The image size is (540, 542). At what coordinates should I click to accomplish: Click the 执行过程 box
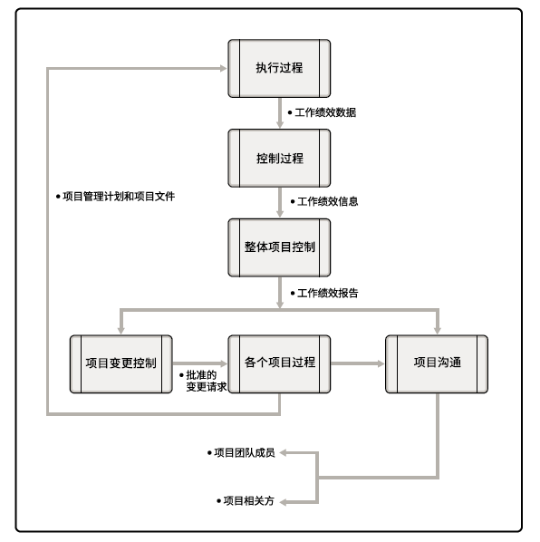click(279, 69)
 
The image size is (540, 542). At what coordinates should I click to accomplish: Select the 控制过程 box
click(279, 159)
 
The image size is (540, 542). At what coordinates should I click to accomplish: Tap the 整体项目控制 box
click(279, 247)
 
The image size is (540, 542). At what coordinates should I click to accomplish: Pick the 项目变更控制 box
click(121, 364)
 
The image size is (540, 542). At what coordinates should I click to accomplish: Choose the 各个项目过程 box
click(279, 364)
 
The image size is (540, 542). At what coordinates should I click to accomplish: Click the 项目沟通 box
click(437, 364)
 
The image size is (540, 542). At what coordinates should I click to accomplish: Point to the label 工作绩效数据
click(325, 112)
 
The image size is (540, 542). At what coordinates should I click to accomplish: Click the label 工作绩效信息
click(327, 201)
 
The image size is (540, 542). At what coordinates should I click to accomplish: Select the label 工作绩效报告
click(327, 293)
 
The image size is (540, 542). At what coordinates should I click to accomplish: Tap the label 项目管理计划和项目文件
click(119, 197)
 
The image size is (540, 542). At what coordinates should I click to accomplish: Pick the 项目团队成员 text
click(245, 452)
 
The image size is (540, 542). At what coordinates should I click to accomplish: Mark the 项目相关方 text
click(249, 501)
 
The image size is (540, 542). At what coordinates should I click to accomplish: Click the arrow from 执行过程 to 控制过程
click(280, 112)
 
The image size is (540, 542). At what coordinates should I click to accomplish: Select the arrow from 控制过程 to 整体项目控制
click(280, 202)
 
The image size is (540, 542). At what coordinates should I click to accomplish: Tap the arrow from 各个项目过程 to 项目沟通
click(358, 363)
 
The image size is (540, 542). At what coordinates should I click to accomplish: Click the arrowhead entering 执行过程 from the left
click(223, 69)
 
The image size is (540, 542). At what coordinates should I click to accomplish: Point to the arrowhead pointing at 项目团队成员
click(283, 452)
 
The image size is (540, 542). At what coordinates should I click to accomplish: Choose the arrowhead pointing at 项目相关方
click(283, 502)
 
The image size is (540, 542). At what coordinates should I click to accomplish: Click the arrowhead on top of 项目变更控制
click(121, 331)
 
